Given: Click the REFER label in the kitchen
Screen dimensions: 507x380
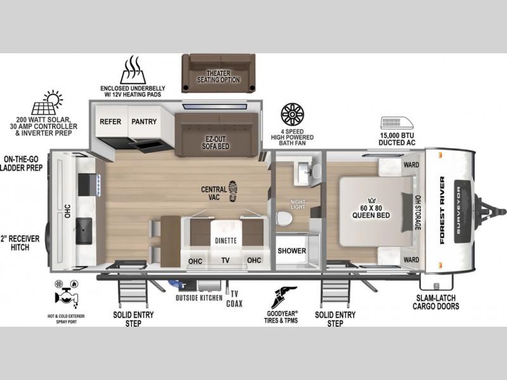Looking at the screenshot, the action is [x=110, y=122].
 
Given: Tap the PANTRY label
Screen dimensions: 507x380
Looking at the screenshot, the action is [x=144, y=122].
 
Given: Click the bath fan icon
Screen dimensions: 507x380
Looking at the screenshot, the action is [x=292, y=115].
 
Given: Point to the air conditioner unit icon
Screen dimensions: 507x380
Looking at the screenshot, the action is [x=397, y=123].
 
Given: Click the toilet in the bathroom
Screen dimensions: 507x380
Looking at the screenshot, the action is [x=283, y=218].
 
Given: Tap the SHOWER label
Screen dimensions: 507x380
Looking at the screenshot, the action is [x=292, y=251].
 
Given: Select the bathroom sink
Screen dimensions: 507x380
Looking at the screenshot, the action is [x=304, y=171].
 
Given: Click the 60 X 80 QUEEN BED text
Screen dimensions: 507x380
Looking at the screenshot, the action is [x=371, y=212].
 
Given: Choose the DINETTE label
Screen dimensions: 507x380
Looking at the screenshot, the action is [x=226, y=240].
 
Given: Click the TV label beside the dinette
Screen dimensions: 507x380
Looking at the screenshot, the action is [x=226, y=260].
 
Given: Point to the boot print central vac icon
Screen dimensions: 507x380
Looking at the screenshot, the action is [x=233, y=191].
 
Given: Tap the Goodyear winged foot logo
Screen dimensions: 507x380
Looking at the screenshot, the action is [x=283, y=297].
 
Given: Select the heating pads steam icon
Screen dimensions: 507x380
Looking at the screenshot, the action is [x=133, y=70].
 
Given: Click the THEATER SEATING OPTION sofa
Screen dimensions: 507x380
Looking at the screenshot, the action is [x=218, y=73].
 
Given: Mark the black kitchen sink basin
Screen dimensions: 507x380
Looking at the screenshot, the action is [x=84, y=231].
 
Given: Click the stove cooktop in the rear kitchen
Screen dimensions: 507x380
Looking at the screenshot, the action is [x=89, y=185].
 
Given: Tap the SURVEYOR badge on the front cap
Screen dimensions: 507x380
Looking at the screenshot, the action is [x=462, y=211].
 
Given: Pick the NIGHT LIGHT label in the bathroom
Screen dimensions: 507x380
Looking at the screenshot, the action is [x=298, y=204].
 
